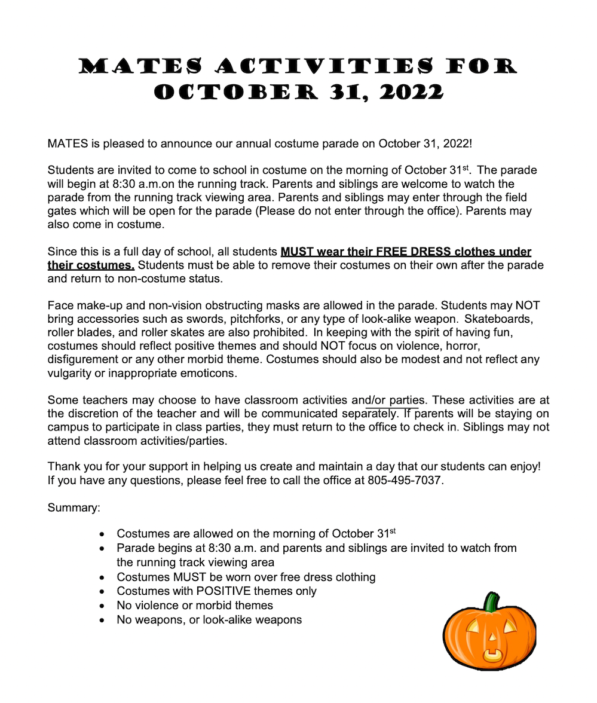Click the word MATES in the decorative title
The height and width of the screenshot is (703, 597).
click(x=140, y=66)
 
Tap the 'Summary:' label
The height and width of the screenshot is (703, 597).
click(x=74, y=508)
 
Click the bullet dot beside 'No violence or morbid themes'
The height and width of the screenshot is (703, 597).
click(x=104, y=606)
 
